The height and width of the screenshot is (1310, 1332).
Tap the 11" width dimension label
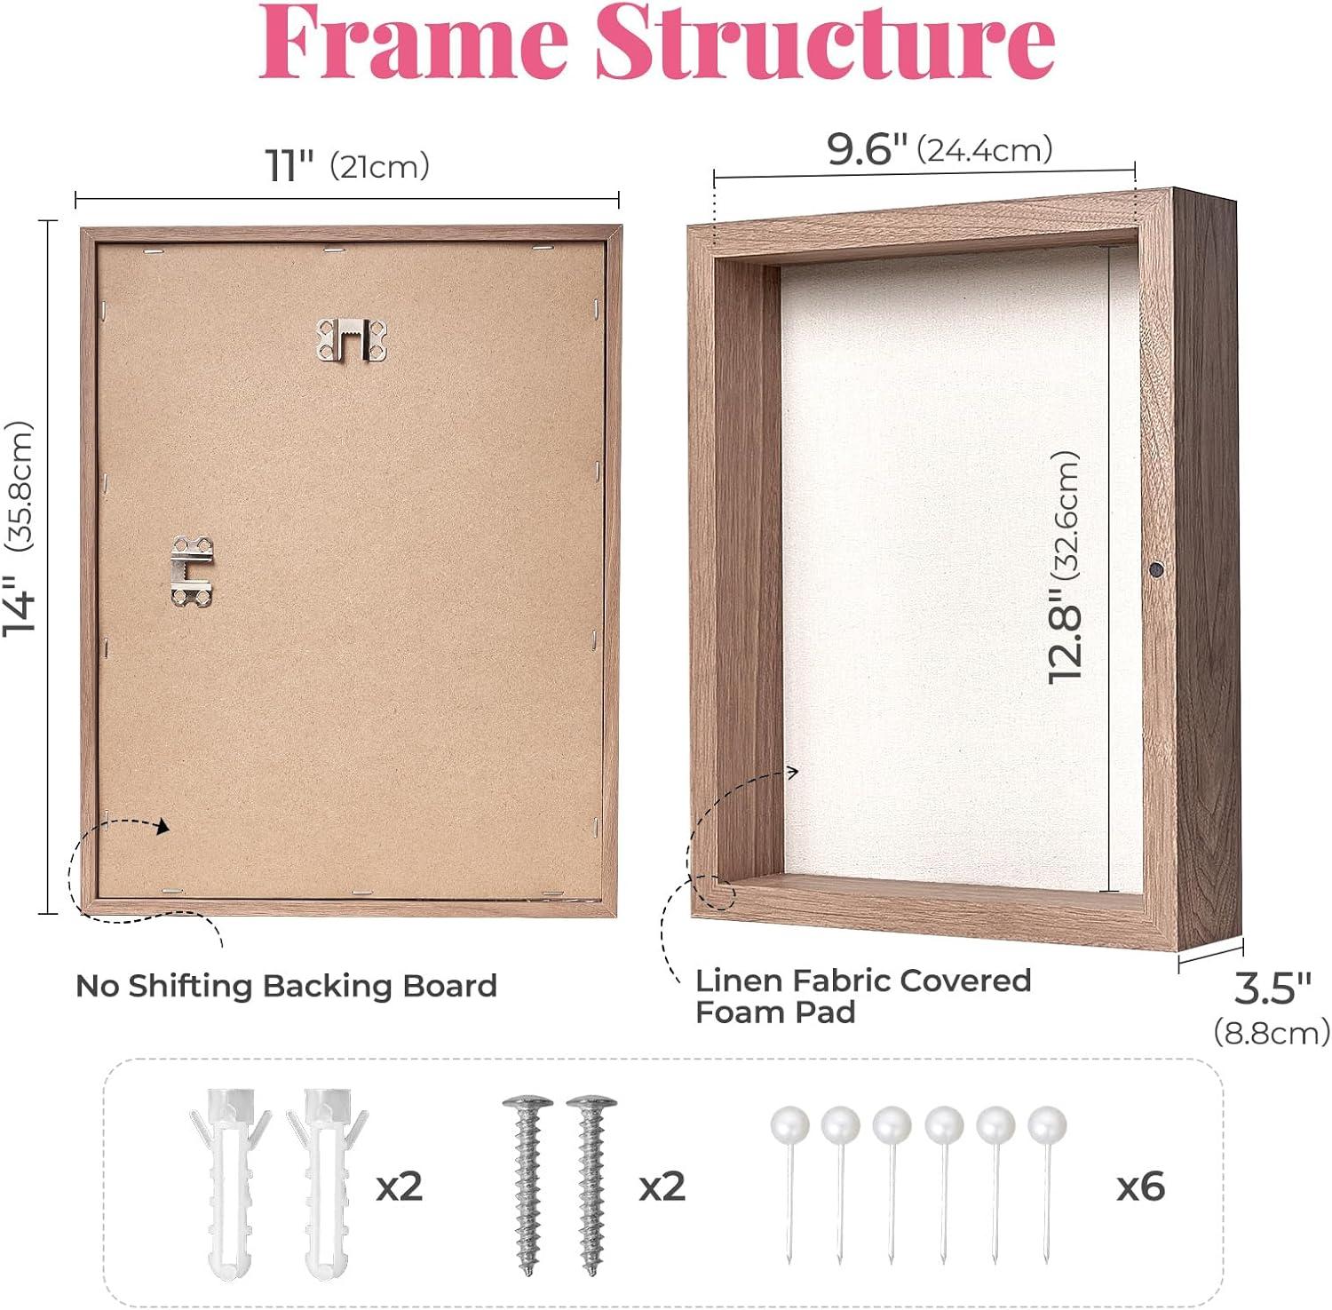tap(290, 165)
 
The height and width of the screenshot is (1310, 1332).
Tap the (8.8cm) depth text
tap(1272, 1032)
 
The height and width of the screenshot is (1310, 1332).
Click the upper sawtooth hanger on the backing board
tap(353, 340)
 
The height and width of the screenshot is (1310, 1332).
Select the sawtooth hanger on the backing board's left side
tap(192, 571)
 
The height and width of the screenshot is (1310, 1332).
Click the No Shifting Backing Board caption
tap(286, 986)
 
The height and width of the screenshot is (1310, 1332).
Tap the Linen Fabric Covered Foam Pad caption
tap(863, 996)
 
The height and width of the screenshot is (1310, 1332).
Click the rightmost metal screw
tap(591, 1172)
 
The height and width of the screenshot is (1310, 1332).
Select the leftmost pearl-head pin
tap(789, 1181)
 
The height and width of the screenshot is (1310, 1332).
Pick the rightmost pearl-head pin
tap(1047, 1181)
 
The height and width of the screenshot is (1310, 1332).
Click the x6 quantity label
tap(1140, 1187)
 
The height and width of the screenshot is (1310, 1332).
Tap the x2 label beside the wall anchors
tap(400, 1187)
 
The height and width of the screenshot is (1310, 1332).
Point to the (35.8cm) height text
tap(20, 487)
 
